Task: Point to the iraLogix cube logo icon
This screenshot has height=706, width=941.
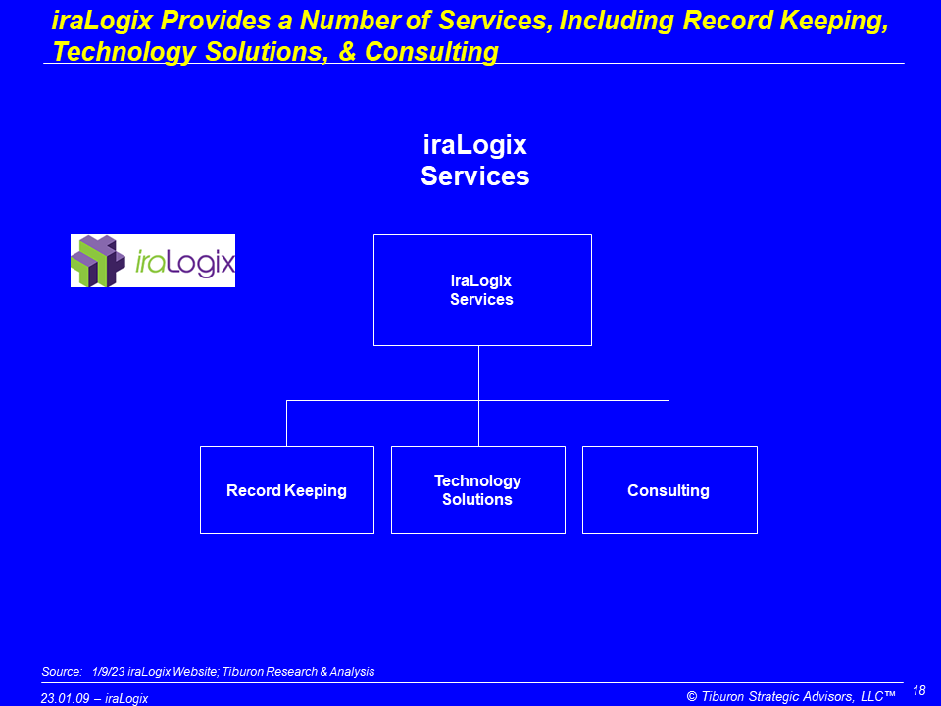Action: point(98,261)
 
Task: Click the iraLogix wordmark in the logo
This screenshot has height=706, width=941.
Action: point(185,263)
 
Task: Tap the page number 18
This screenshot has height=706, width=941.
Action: point(918,691)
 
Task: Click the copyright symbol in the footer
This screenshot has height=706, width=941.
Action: point(692,696)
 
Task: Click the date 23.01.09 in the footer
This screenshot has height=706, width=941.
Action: point(65,699)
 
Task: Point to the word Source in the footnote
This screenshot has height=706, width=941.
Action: point(62,671)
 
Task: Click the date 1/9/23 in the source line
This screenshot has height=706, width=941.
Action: point(109,671)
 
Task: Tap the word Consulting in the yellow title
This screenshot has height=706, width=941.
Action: point(431,52)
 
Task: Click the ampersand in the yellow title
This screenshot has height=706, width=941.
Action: point(347,52)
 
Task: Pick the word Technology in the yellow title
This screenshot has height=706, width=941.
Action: point(124,52)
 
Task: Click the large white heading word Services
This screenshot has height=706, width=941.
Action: point(475,176)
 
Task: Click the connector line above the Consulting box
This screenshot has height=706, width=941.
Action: point(669,424)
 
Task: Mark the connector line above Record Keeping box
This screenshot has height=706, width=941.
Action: point(287,424)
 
